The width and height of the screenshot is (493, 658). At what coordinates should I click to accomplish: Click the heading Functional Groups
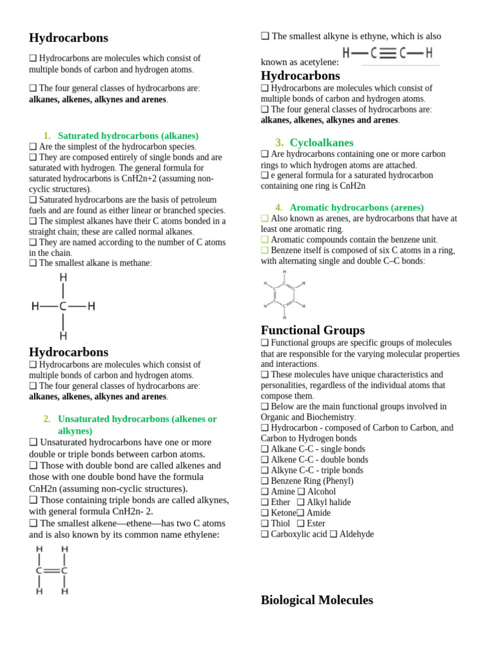[313, 330]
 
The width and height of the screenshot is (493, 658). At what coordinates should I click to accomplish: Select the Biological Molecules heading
[316, 600]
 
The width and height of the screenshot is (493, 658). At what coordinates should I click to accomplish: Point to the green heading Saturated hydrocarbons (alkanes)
[128, 136]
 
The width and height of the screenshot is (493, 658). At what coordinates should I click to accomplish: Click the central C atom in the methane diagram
[63, 307]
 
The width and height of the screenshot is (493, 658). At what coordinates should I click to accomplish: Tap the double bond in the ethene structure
[51, 571]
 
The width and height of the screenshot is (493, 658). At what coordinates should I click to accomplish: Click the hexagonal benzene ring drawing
[284, 295]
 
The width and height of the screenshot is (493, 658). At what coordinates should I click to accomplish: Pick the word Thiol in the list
[281, 524]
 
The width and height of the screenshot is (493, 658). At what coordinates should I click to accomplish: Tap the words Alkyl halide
[329, 502]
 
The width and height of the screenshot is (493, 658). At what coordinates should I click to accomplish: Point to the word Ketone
[283, 513]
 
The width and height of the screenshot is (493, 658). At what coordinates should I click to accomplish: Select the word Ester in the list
[316, 524]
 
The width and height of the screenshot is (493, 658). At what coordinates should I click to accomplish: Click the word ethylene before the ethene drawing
[196, 535]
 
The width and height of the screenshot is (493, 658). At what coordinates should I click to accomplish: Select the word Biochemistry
[328, 417]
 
